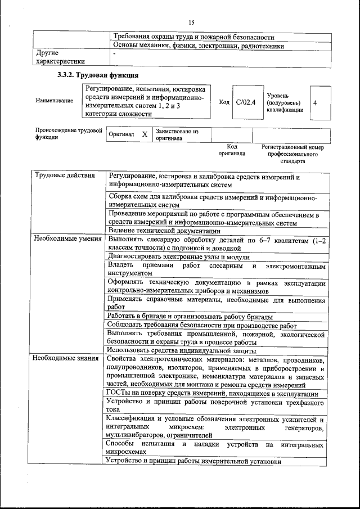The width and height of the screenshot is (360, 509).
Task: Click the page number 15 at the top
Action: point(191,22)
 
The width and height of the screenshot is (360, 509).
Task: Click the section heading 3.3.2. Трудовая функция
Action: point(98,75)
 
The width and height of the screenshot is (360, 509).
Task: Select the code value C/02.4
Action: point(246,102)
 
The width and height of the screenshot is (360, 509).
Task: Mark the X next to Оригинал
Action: point(145,135)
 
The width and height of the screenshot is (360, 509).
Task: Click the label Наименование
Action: point(54,101)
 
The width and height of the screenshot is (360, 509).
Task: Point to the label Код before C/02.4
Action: point(224,102)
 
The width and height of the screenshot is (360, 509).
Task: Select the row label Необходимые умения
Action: point(67,238)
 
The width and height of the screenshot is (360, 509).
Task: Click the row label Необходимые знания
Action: point(66,358)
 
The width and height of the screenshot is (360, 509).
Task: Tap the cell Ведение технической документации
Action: point(164,230)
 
